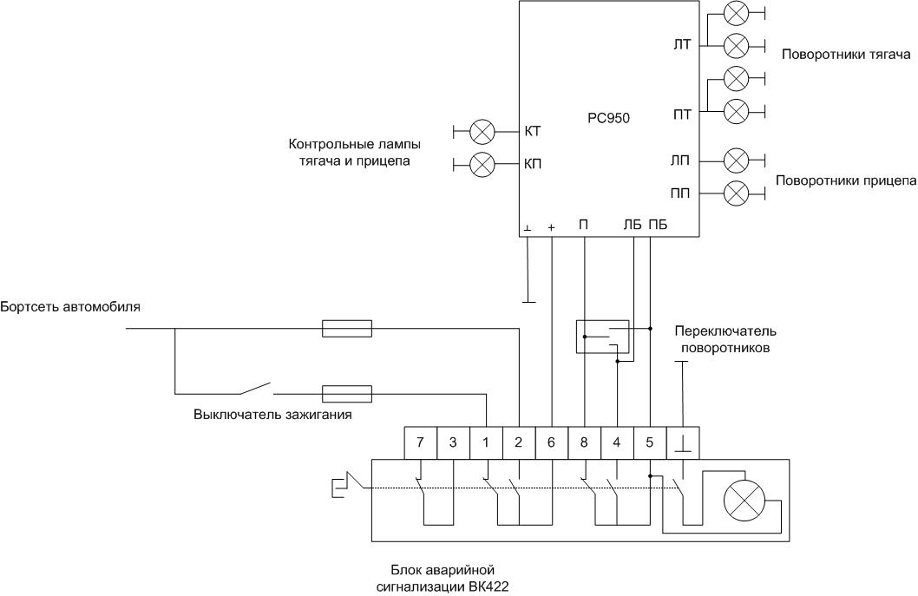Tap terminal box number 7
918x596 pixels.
tap(421, 442)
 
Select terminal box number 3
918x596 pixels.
tap(453, 442)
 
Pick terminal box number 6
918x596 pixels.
tap(552, 442)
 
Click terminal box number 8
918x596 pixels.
tap(584, 442)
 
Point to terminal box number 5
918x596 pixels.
tap(650, 442)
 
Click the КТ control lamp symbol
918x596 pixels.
tap(482, 132)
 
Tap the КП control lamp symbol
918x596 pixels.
tap(482, 163)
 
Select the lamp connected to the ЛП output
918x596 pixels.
tap(736, 160)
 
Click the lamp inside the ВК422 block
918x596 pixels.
tap(743, 501)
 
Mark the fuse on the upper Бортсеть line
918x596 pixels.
tap(347, 329)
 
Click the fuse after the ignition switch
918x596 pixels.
tap(347, 393)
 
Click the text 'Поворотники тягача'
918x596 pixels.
tap(845, 56)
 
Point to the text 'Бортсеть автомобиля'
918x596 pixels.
tap(70, 307)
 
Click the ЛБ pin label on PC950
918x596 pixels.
tap(633, 226)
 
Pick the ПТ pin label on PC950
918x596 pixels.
tap(682, 115)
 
